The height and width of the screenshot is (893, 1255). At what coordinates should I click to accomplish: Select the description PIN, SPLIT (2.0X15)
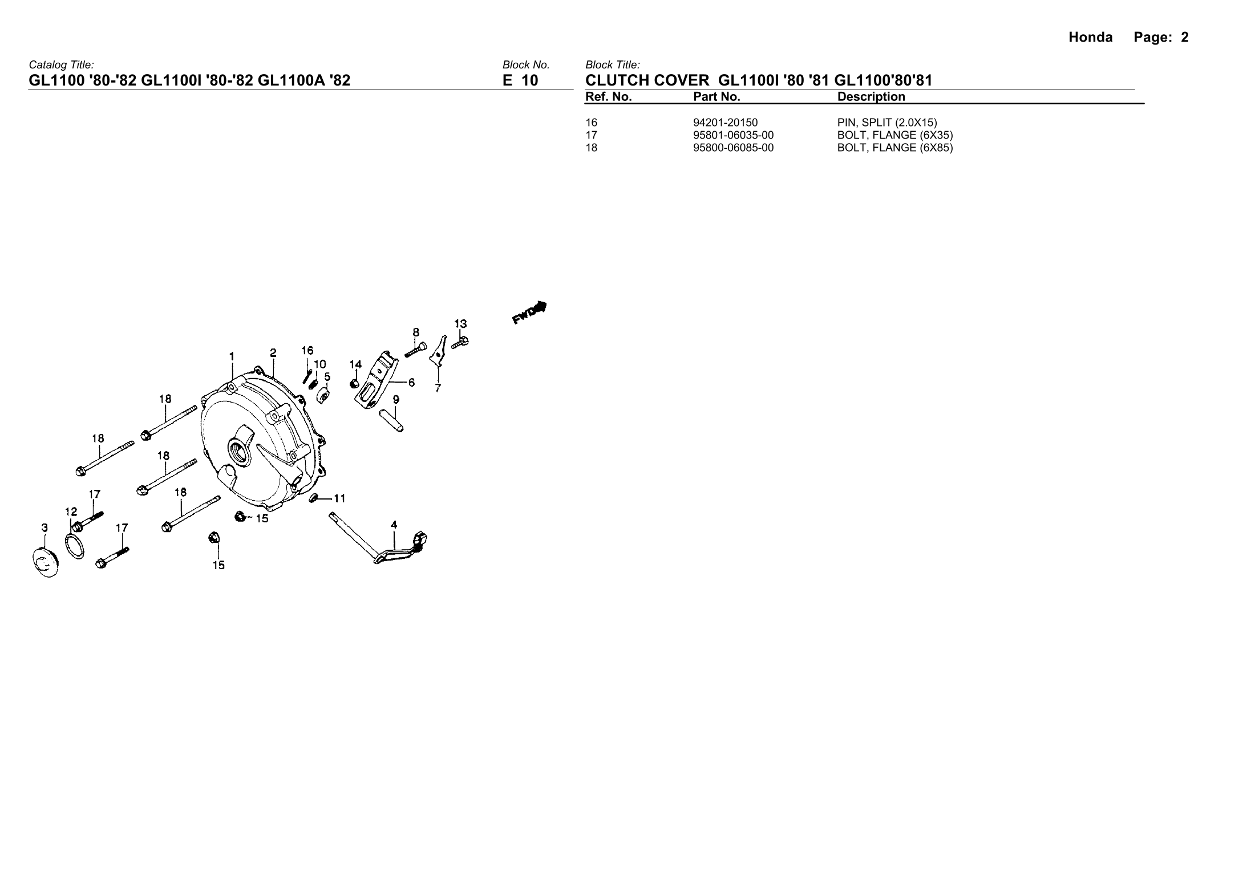(887, 123)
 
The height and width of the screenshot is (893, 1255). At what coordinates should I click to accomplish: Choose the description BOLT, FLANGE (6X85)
(894, 148)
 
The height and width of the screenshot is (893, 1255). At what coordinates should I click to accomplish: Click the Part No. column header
(716, 97)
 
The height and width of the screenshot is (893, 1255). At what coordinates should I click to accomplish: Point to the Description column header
(871, 97)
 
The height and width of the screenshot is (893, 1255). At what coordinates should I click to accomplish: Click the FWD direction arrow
(530, 312)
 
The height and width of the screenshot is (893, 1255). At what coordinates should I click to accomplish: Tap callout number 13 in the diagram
(460, 324)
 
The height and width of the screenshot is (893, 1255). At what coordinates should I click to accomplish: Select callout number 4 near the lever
(394, 525)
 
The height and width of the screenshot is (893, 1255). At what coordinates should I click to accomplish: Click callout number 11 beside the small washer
(339, 498)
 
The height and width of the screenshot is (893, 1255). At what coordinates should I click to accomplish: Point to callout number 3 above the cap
(45, 528)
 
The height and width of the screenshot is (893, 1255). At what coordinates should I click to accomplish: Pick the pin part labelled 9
(391, 419)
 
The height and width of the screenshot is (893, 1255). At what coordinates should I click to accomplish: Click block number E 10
(520, 80)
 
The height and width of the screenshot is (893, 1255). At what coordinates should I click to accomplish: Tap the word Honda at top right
(1090, 38)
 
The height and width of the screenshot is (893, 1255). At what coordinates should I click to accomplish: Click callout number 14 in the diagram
(355, 364)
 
